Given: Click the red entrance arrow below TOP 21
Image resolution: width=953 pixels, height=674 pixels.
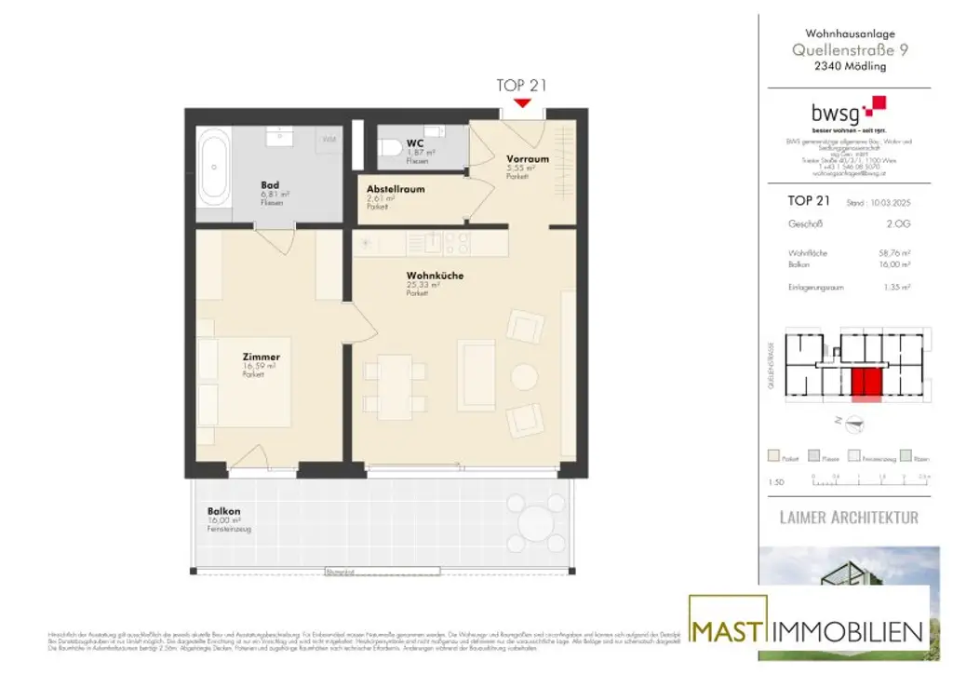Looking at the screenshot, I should (522, 101).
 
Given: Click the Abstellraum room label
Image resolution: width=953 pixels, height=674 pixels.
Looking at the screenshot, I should (396, 189).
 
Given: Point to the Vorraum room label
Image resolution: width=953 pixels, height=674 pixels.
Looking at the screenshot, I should (527, 159).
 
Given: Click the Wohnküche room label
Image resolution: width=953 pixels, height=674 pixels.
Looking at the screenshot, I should (434, 276).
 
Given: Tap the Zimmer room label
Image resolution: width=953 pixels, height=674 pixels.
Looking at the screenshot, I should (261, 357).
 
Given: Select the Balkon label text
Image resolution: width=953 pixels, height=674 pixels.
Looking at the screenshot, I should (223, 511).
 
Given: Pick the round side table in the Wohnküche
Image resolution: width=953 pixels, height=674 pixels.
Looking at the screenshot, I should (525, 377).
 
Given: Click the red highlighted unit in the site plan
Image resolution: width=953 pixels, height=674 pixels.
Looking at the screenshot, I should (866, 383).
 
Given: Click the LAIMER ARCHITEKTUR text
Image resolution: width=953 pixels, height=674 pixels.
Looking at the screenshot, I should (848, 517).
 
